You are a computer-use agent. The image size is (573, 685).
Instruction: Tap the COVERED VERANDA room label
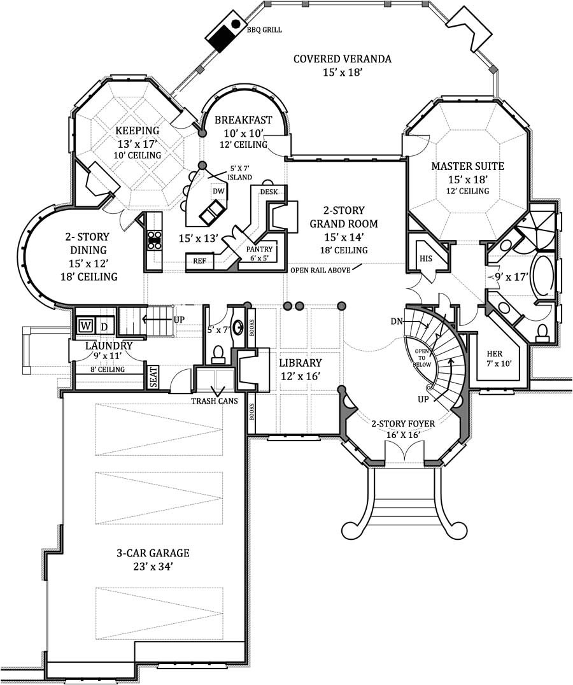[342, 59]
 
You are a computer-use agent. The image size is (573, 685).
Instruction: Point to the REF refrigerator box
[200, 260]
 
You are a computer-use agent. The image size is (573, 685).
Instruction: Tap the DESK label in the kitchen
[268, 191]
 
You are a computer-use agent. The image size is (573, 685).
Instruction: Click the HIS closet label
[426, 258]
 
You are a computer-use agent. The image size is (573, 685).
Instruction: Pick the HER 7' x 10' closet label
[494, 358]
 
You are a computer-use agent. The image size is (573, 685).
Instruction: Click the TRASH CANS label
[215, 401]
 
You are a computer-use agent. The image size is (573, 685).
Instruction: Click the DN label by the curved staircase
[397, 321]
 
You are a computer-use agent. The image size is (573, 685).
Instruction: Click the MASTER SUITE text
[467, 166]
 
